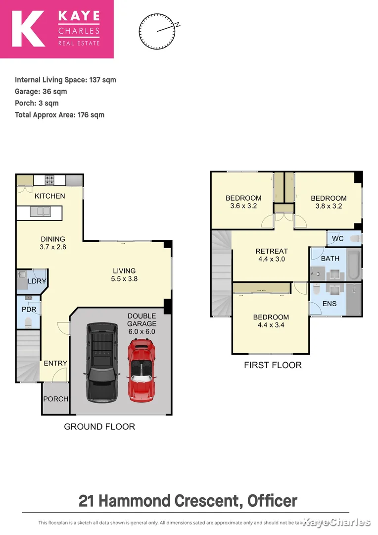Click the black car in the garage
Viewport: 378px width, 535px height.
pyautogui.click(x=102, y=362)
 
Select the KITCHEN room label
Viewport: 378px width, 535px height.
pyautogui.click(x=49, y=196)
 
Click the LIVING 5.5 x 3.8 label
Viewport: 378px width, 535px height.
pyautogui.click(x=124, y=274)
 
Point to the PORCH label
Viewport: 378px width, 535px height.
pyautogui.click(x=55, y=399)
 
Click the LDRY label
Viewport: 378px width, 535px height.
pyautogui.click(x=37, y=281)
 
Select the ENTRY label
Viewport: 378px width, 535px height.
pyautogui.click(x=55, y=363)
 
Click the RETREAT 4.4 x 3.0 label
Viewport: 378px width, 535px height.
pyautogui.click(x=271, y=255)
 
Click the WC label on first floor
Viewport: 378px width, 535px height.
pyautogui.click(x=337, y=239)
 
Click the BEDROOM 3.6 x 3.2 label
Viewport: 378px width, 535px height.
pyautogui.click(x=243, y=202)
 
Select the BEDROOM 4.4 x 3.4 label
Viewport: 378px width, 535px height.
pyautogui.click(x=271, y=321)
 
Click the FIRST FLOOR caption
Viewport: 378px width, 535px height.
pyautogui.click(x=273, y=365)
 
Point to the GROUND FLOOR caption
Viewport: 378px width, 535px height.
pyautogui.click(x=99, y=427)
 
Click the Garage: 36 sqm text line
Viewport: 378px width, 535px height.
pyautogui.click(x=41, y=92)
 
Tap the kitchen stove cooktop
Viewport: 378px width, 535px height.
pyautogui.click(x=50, y=179)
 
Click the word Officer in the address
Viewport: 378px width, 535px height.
pyautogui.click(x=272, y=500)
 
